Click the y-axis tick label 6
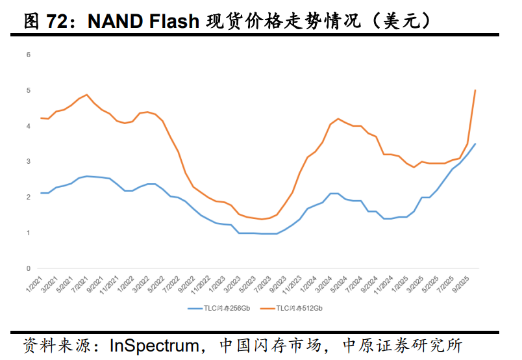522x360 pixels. [29, 55]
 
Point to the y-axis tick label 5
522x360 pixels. [29, 90]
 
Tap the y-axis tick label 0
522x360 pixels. [29, 268]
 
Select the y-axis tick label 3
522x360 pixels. [29, 161]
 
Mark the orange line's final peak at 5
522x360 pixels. [476, 90]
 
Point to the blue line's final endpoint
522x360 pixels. [476, 144]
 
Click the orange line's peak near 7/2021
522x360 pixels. [87, 95]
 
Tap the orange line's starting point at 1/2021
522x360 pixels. [41, 118]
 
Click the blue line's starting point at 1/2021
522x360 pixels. [41, 193]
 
